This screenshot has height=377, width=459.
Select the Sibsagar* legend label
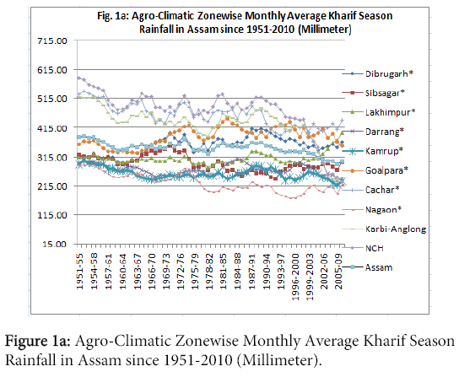coord(385,93)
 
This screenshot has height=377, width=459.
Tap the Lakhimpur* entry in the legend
coord(390,112)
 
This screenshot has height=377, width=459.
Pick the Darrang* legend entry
coord(385,132)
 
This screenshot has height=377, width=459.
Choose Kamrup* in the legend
coord(384,151)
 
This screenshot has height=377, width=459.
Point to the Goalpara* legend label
coord(386,170)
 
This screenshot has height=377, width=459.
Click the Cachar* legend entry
coord(382,190)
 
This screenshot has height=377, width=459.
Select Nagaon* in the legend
coord(383,209)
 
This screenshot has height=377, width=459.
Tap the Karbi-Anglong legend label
coord(396,229)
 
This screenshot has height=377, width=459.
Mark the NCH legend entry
coord(375,248)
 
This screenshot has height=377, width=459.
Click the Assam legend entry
coord(379,267)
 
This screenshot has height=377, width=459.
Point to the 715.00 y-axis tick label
coord(52,40)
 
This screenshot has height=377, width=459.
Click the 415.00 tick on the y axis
coord(52,128)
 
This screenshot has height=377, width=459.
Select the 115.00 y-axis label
coord(52,215)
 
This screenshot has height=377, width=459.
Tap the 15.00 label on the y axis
coord(56,244)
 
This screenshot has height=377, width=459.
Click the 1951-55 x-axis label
coord(80,269)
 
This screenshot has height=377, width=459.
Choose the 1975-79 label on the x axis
coord(195,269)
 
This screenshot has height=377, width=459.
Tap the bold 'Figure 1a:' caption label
coord(37,342)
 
